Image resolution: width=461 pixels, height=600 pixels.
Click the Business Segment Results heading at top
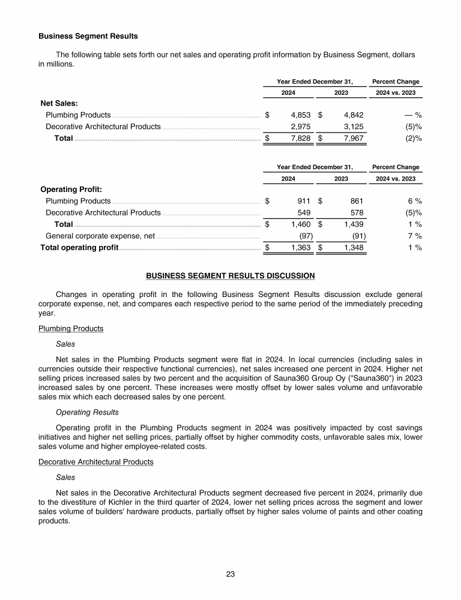click(x=88, y=36)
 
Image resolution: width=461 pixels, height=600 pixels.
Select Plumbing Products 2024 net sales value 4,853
click(x=300, y=115)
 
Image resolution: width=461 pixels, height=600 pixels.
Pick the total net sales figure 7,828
click(x=300, y=139)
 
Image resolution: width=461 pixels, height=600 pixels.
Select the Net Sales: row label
click(x=59, y=103)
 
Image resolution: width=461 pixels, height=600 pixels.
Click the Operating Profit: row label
click(x=70, y=189)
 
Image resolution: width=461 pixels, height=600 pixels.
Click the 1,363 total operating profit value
click(x=300, y=248)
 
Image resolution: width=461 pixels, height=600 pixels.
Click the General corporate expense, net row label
click(x=100, y=236)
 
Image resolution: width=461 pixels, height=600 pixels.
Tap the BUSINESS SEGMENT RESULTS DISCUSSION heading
click(x=230, y=276)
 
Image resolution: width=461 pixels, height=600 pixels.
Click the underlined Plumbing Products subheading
click(x=71, y=328)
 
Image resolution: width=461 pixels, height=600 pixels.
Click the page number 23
click(x=230, y=574)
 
